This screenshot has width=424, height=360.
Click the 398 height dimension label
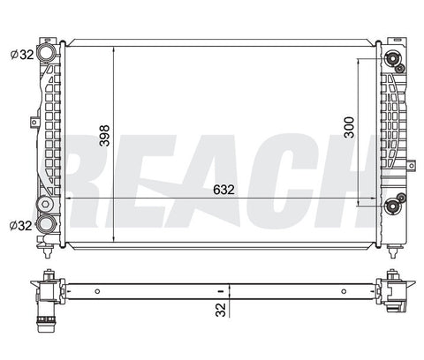click(x=104, y=136)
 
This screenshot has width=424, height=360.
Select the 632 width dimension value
click(x=223, y=190)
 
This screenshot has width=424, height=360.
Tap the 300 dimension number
click(x=350, y=127)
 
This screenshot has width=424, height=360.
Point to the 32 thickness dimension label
click(x=221, y=310)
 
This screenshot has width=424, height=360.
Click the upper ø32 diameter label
click(x=22, y=55)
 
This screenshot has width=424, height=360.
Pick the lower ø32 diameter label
click(x=20, y=226)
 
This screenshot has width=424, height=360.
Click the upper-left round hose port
click(x=47, y=52)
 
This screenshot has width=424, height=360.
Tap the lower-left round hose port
click(x=46, y=224)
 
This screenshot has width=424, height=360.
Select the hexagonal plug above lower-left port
click(x=45, y=205)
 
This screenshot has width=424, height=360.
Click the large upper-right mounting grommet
click(x=393, y=59)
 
